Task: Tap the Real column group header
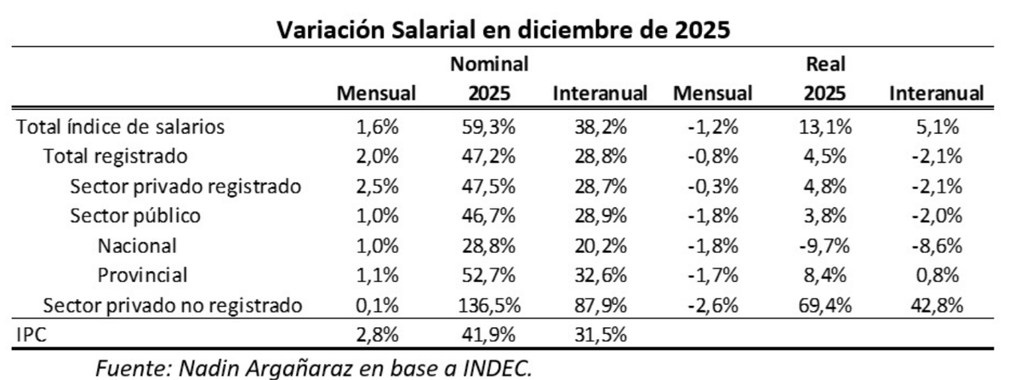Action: click(x=824, y=64)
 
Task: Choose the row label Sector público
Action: click(x=135, y=215)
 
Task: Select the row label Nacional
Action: click(x=137, y=245)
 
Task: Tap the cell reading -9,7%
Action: click(x=821, y=245)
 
